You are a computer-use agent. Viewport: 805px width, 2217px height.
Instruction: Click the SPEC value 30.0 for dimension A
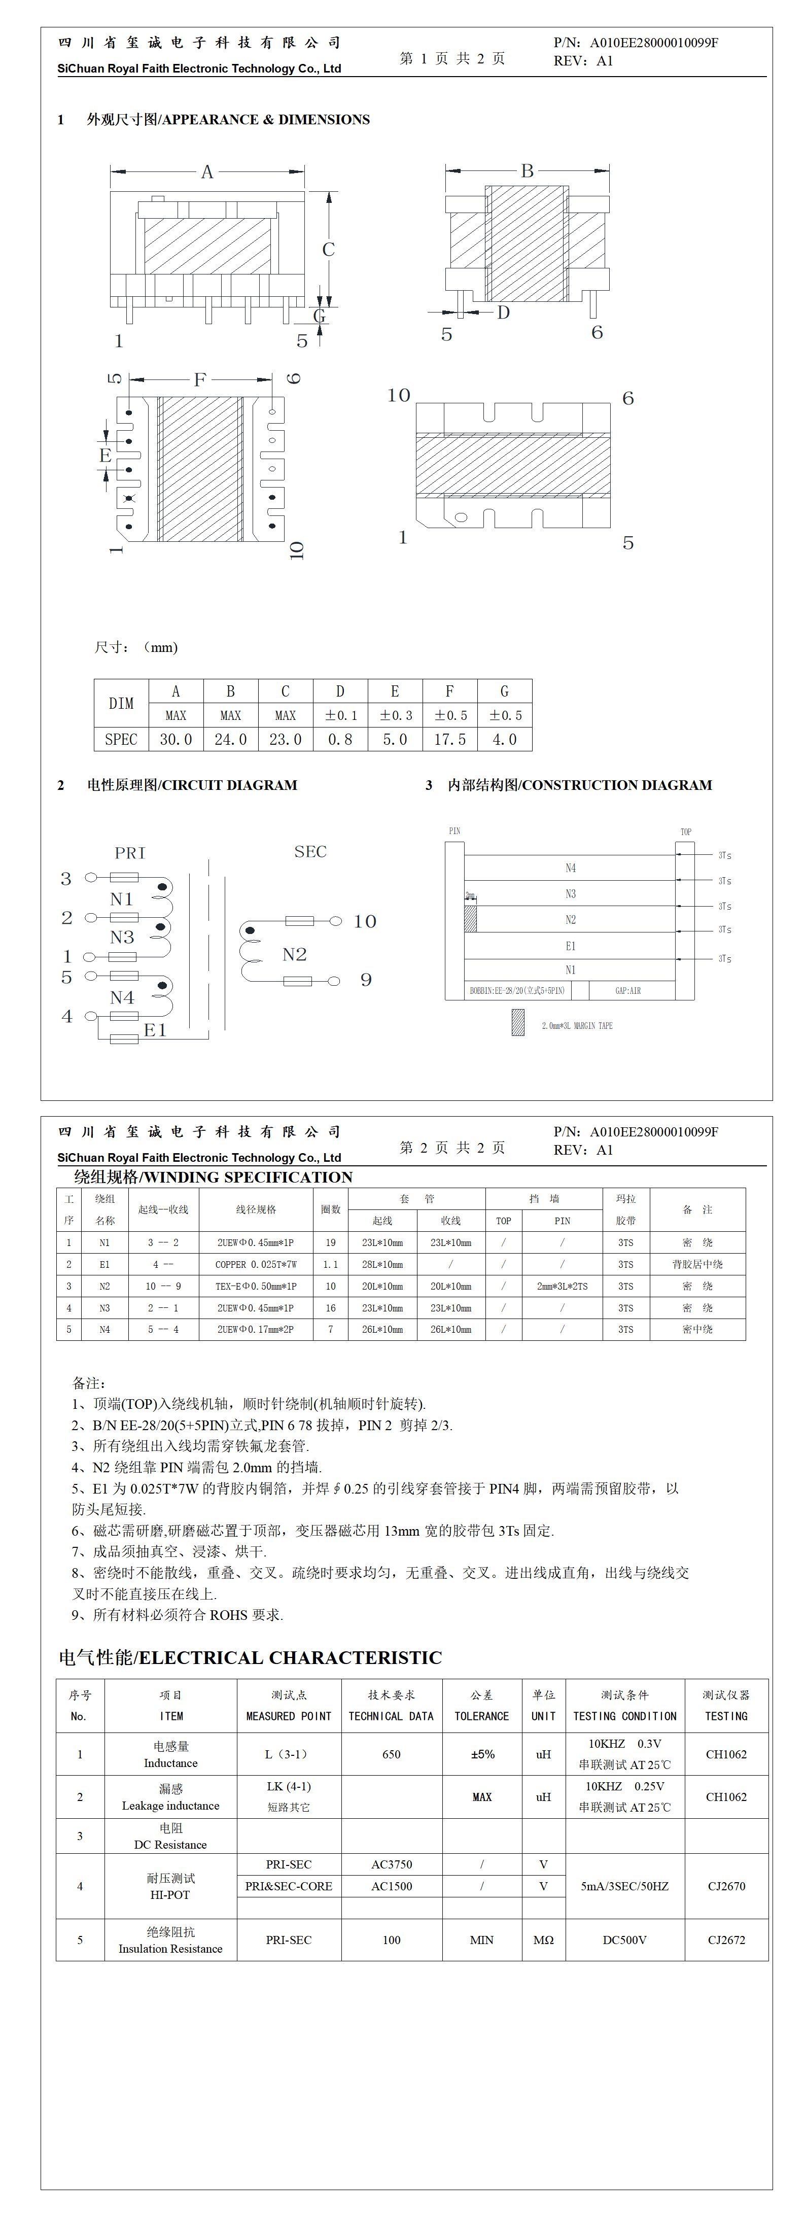tap(176, 739)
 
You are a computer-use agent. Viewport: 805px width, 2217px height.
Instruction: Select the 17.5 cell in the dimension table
tap(449, 739)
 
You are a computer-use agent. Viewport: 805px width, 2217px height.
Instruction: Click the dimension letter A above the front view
tap(206, 172)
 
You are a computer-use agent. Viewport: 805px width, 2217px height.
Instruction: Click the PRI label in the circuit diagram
tap(130, 853)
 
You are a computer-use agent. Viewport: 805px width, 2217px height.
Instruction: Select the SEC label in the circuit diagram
tap(310, 851)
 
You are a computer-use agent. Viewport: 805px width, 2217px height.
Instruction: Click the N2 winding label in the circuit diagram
tap(294, 954)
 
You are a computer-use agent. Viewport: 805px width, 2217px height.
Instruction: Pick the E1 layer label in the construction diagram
tap(570, 946)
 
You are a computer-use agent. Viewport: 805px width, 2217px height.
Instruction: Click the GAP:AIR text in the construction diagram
tap(627, 991)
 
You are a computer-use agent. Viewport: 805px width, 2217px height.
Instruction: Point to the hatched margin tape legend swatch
tap(517, 1022)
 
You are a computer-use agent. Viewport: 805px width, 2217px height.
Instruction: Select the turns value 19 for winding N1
tap(331, 1243)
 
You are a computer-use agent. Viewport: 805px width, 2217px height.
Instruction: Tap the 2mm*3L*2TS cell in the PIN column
tap(562, 1286)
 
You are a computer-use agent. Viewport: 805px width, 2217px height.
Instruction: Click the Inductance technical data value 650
tap(392, 1754)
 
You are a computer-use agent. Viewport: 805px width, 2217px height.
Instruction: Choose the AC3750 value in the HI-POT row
tap(392, 1864)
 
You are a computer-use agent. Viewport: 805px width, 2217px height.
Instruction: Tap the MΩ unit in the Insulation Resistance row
tap(543, 1940)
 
